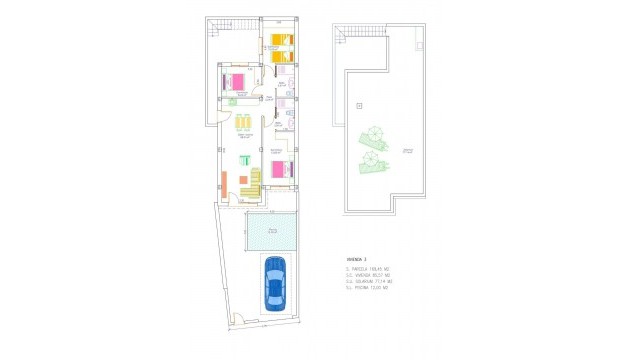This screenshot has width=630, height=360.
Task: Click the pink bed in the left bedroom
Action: coord(236,81)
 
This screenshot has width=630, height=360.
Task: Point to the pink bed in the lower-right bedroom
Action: coord(282,168)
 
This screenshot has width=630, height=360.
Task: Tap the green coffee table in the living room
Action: coord(243,160)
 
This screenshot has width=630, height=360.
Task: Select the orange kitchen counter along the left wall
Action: coord(225,184)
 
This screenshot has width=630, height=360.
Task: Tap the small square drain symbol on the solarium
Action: coord(358,105)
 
